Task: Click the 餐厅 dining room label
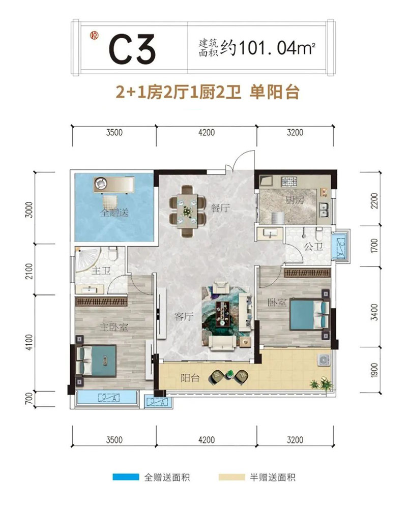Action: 221,208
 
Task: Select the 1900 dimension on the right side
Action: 374,371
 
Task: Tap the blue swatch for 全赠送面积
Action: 126,477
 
